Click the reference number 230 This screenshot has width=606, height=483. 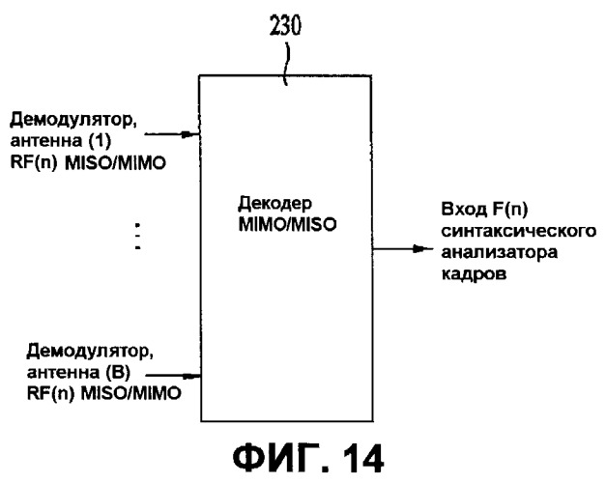[285, 27]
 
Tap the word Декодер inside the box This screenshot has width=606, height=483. [274, 204]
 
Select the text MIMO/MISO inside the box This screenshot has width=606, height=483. [288, 224]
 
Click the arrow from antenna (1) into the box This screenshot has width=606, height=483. [172, 134]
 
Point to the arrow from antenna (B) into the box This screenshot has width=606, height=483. [173, 375]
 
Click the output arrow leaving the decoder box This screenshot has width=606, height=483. [403, 249]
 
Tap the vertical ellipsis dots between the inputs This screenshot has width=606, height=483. [137, 236]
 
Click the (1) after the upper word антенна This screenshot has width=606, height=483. [100, 141]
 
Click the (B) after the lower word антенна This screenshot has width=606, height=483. [118, 373]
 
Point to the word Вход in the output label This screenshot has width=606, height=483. [464, 209]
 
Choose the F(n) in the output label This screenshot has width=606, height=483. [509, 210]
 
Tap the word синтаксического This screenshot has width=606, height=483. [519, 231]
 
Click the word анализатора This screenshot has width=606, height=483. [500, 253]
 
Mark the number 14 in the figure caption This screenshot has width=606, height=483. [361, 459]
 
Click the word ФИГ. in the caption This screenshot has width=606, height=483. [280, 459]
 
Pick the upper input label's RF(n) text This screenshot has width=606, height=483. [34, 162]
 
